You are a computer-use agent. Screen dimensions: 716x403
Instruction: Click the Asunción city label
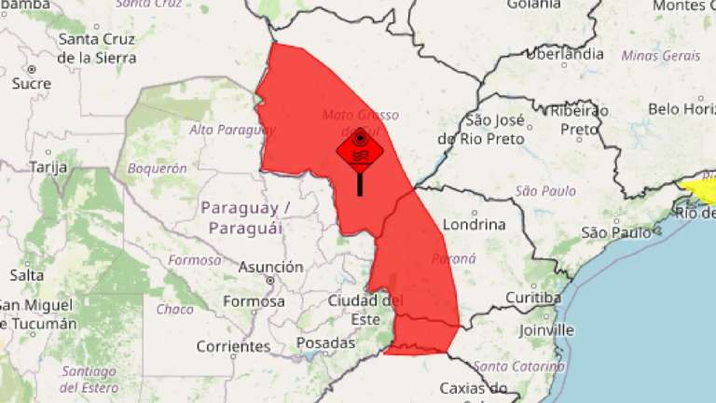(270, 267)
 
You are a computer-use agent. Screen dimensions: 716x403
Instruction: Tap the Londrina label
(475, 224)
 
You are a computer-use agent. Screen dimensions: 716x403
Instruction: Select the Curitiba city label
(532, 298)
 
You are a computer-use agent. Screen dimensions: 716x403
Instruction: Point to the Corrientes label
(234, 346)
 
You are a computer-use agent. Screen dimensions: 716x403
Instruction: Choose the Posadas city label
(325, 342)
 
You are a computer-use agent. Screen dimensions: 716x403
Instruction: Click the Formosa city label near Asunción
(254, 301)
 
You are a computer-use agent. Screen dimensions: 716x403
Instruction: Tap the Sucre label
(32, 83)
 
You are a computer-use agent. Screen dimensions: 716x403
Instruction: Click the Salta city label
(26, 275)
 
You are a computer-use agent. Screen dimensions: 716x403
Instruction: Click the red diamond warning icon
(360, 149)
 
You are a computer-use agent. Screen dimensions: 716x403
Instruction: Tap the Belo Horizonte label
(681, 109)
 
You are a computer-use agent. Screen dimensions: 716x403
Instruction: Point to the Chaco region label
(174, 309)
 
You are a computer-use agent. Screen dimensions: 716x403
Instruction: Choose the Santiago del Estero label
(89, 380)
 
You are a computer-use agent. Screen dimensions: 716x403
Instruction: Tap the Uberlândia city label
(564, 53)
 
